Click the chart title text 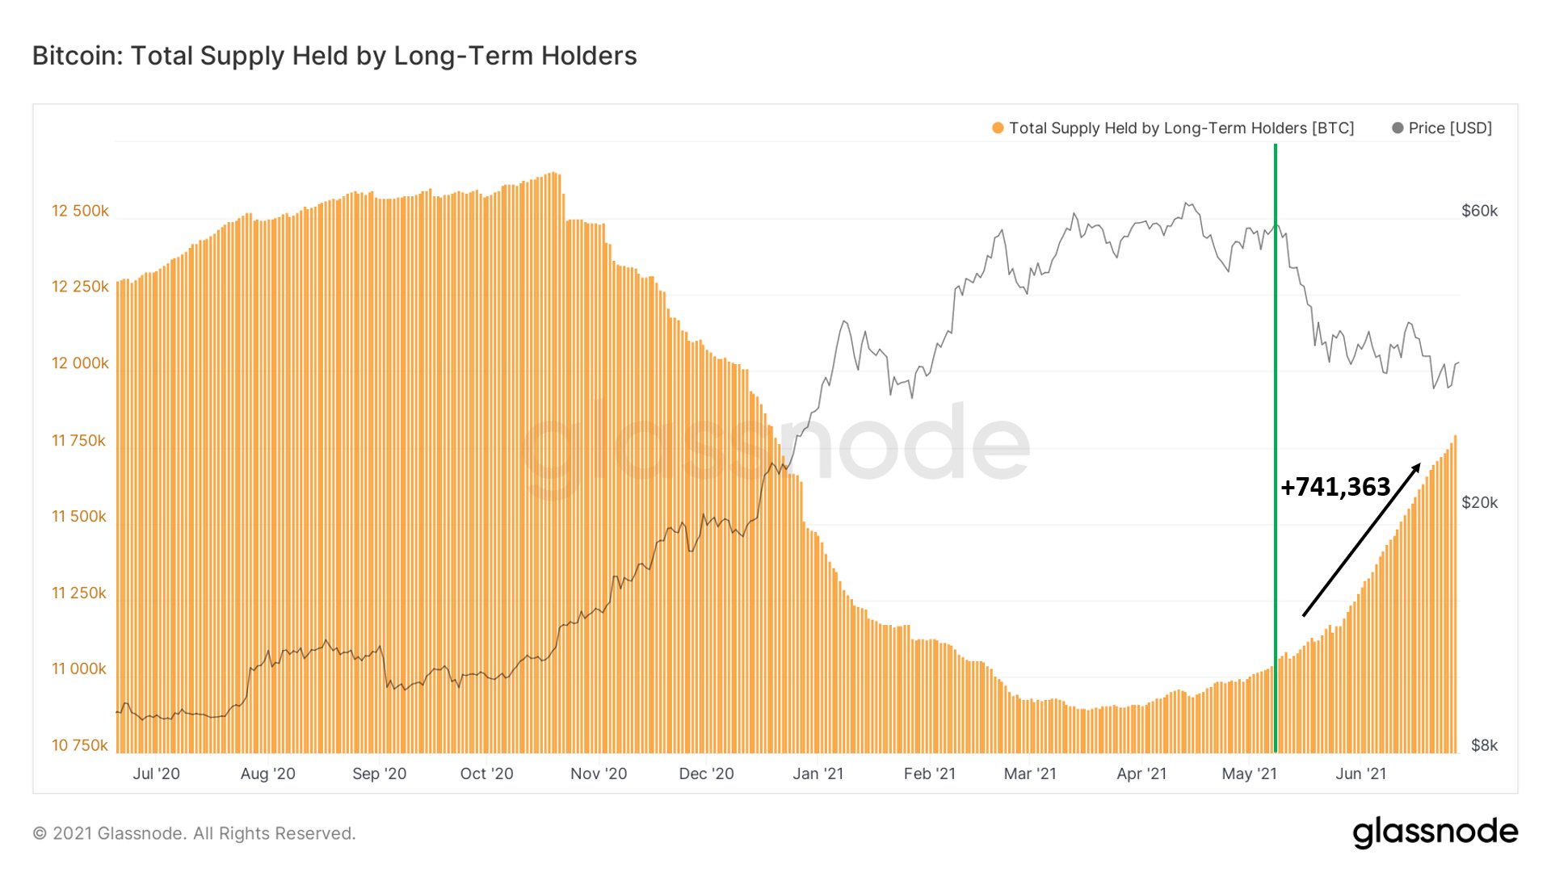(x=334, y=56)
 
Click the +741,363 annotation (x=1335, y=486)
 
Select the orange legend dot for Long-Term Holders (x=998, y=128)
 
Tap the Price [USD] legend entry (x=1442, y=128)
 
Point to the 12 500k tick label (x=80, y=211)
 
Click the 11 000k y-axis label (x=79, y=669)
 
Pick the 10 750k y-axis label (x=79, y=745)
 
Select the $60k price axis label (x=1479, y=211)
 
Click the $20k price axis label (x=1479, y=502)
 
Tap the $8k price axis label (x=1484, y=745)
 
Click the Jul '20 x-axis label (x=156, y=773)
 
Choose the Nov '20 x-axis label (x=599, y=773)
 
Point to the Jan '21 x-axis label (x=818, y=773)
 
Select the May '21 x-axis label (x=1249, y=773)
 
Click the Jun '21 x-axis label (x=1360, y=773)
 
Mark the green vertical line (x=1276, y=448)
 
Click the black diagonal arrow (x=1361, y=539)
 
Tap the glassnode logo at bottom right (x=1435, y=832)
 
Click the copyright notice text (x=194, y=833)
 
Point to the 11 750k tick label (x=78, y=440)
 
